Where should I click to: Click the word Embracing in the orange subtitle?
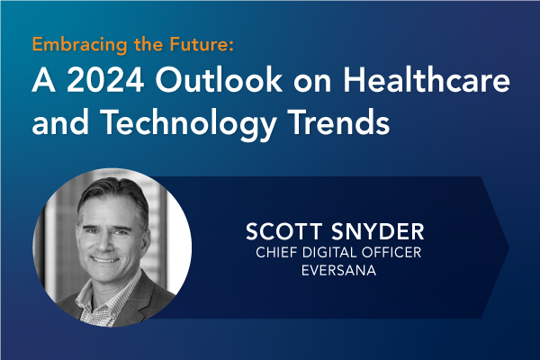pos(80,45)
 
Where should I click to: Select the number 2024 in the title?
pos(105,80)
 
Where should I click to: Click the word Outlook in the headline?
pos(220,79)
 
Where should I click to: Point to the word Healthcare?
pos(427,79)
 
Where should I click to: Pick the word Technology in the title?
pos(189,124)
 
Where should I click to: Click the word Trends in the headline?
pos(340,122)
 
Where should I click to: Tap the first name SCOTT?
pos(284,231)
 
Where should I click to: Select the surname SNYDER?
pos(378,231)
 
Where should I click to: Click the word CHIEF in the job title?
pos(276,253)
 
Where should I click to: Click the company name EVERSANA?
pos(339,270)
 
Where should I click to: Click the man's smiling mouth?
pos(105,259)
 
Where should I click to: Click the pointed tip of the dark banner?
pos(509,247)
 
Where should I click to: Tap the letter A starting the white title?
pos(44,80)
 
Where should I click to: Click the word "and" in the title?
pos(60,122)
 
